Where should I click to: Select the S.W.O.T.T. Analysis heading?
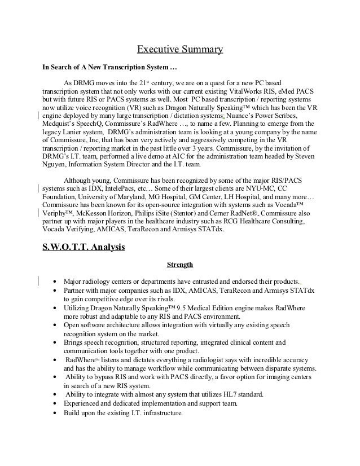point(84,247)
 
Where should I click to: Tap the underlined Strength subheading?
point(180,263)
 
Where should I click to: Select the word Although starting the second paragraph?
point(82,180)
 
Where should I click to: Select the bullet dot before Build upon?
point(54,412)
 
